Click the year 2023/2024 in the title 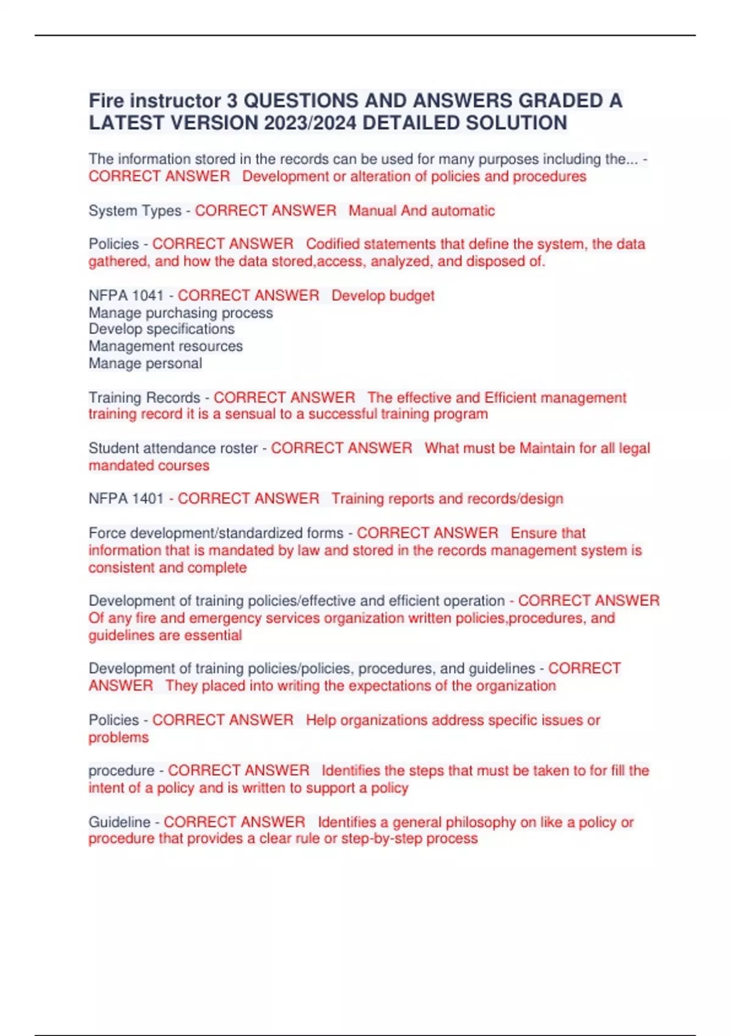310,123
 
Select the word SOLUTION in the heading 517,123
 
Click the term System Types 135,211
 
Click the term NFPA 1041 126,296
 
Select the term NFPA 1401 126,498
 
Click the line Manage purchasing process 181,313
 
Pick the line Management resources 166,346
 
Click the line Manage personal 145,363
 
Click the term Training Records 144,397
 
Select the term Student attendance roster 173,448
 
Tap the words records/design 520,498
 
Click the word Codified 333,244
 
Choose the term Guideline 119,821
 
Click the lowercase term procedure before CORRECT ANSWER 121,770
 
